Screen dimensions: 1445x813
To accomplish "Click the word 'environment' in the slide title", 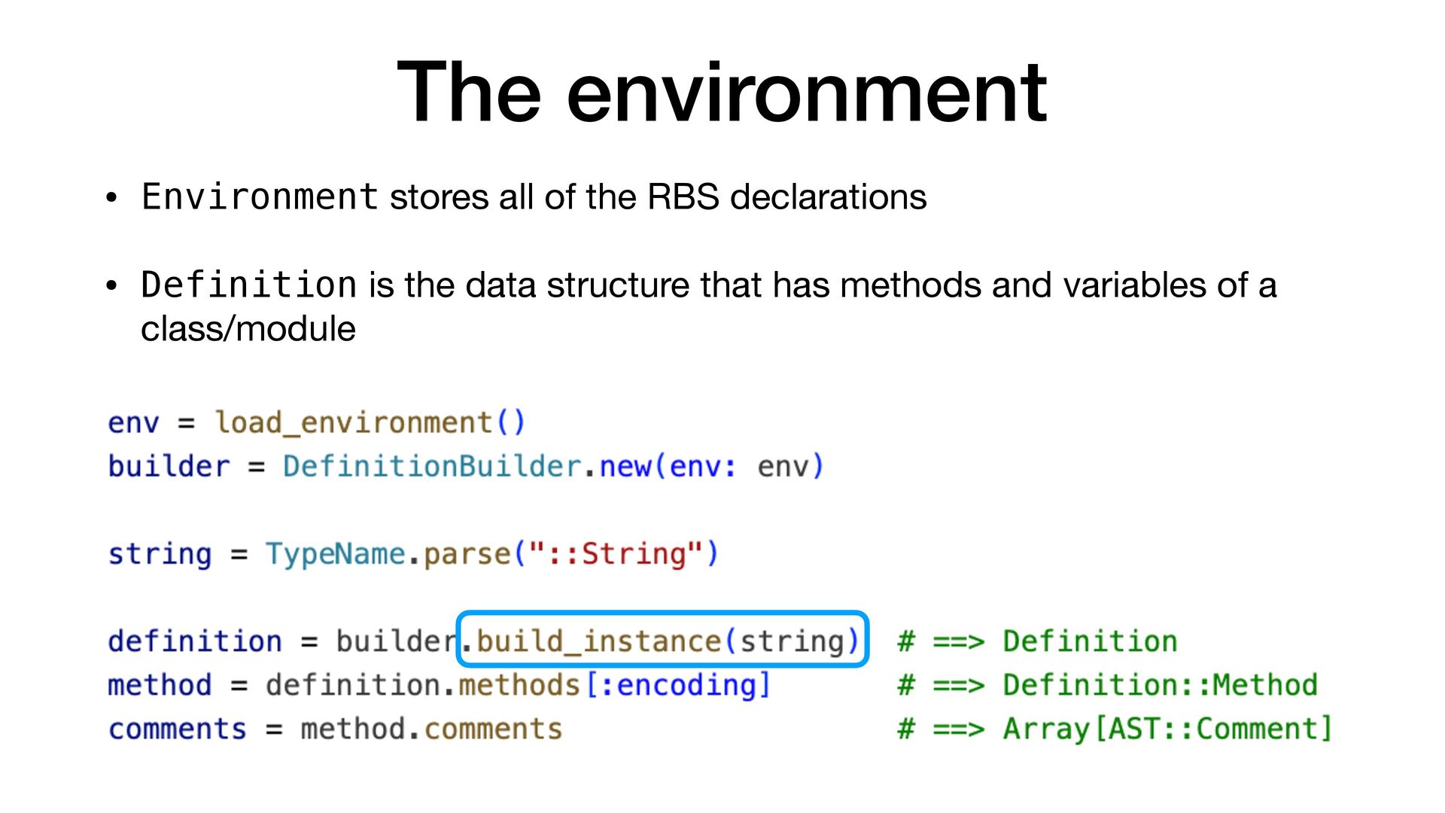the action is [806, 93].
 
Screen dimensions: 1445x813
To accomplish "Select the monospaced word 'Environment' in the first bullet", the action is [260, 197].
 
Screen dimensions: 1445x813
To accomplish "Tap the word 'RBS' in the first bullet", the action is [683, 197].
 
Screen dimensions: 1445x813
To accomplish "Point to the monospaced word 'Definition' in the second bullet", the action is [249, 285].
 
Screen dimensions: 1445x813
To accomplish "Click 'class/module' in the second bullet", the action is [248, 329].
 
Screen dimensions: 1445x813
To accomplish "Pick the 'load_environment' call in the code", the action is [353, 422].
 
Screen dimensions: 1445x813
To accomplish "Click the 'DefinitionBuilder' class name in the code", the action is [432, 467].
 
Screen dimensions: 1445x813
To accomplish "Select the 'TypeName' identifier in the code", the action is [335, 554].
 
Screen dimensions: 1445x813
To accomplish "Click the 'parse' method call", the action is [467, 554].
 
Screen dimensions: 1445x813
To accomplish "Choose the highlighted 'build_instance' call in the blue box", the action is [598, 641].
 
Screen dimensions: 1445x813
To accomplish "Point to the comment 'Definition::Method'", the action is [1160, 685].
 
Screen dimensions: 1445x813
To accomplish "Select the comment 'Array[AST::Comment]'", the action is [1167, 729].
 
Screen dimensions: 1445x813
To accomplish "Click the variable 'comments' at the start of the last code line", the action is [178, 729].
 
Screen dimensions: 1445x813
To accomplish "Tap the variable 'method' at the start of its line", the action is [160, 685].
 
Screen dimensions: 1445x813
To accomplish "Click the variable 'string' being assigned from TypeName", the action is [160, 554].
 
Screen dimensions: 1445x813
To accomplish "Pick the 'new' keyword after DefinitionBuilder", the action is [625, 467].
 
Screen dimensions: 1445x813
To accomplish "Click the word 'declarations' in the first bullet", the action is [828, 197].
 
